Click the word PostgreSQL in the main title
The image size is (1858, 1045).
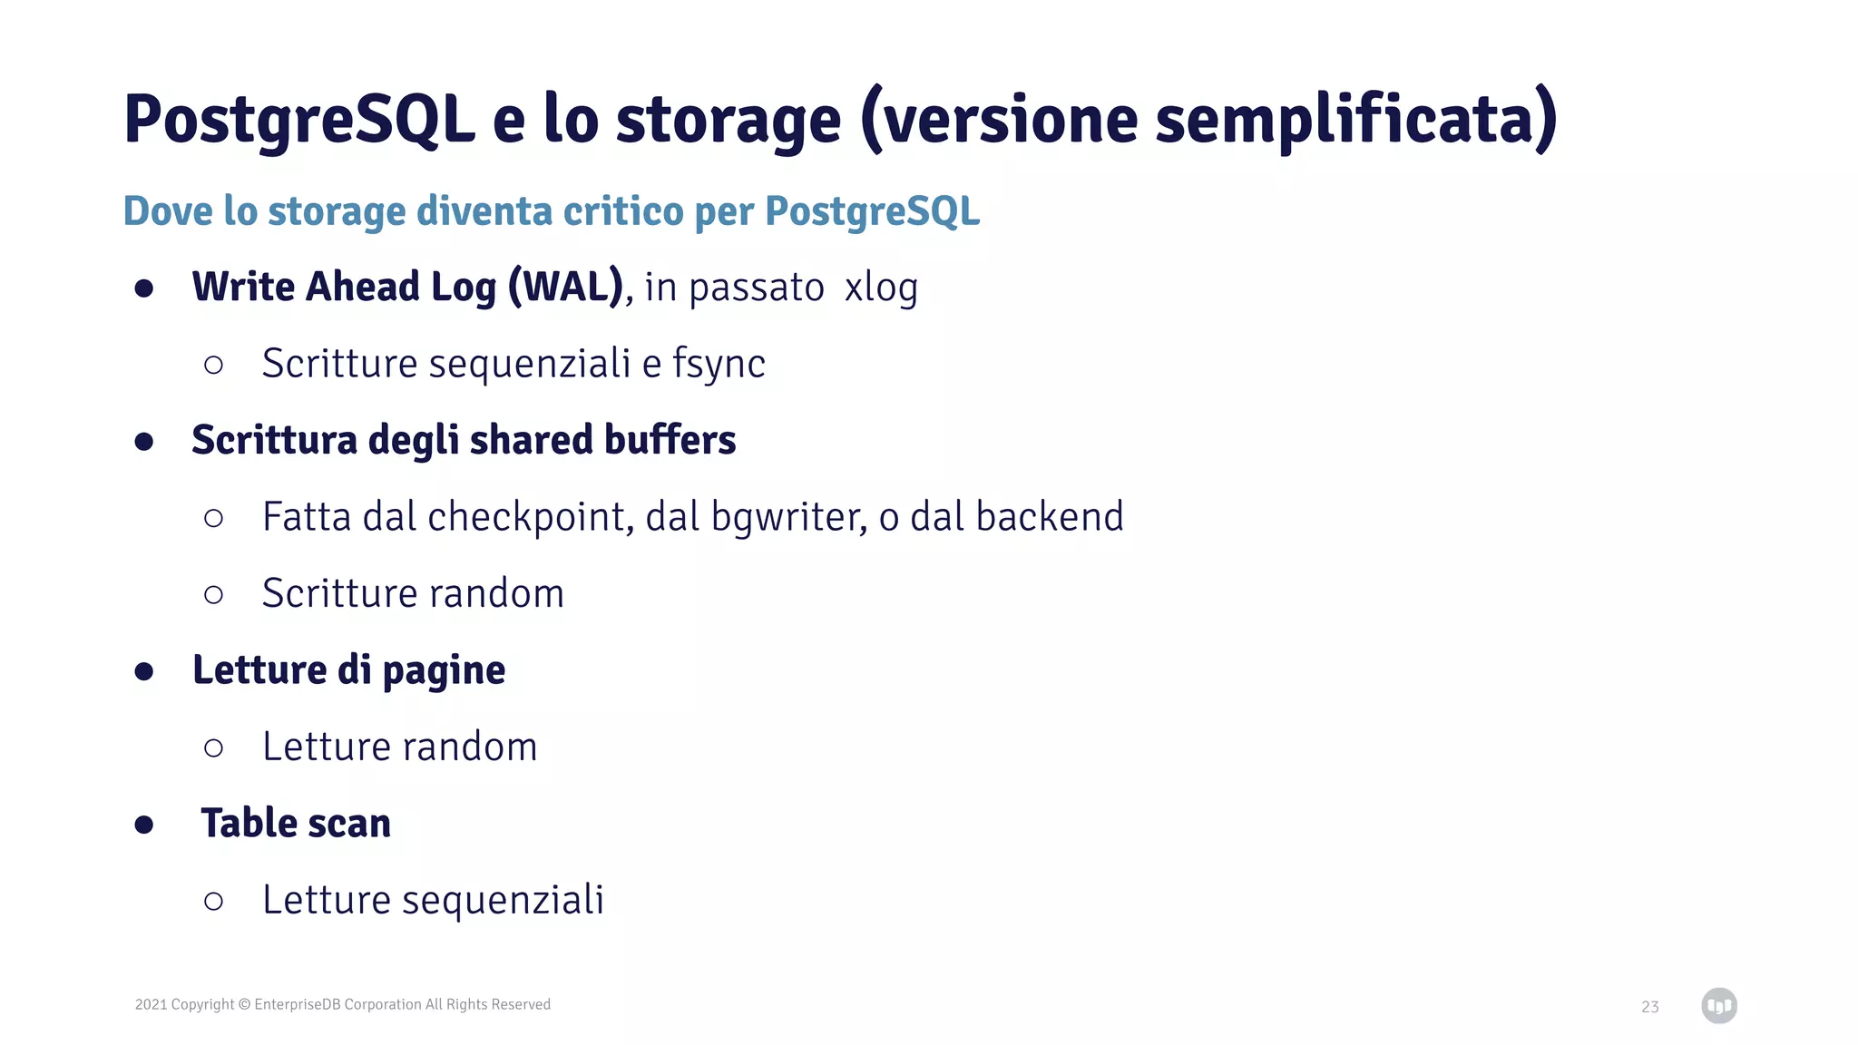(299, 120)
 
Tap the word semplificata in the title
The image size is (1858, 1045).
(1346, 120)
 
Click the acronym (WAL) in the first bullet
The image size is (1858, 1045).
(566, 287)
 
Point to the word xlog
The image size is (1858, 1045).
(881, 287)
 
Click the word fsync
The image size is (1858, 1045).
(719, 364)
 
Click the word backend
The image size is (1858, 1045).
(1050, 517)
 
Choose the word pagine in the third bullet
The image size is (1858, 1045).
(444, 670)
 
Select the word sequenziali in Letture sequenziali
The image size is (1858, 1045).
(503, 900)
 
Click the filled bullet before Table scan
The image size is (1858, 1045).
(143, 825)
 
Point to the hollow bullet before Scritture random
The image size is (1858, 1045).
(214, 595)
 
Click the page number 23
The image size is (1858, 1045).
(1650, 1007)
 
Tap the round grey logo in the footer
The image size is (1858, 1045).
(1719, 1006)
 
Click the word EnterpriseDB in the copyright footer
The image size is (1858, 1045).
(297, 1004)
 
